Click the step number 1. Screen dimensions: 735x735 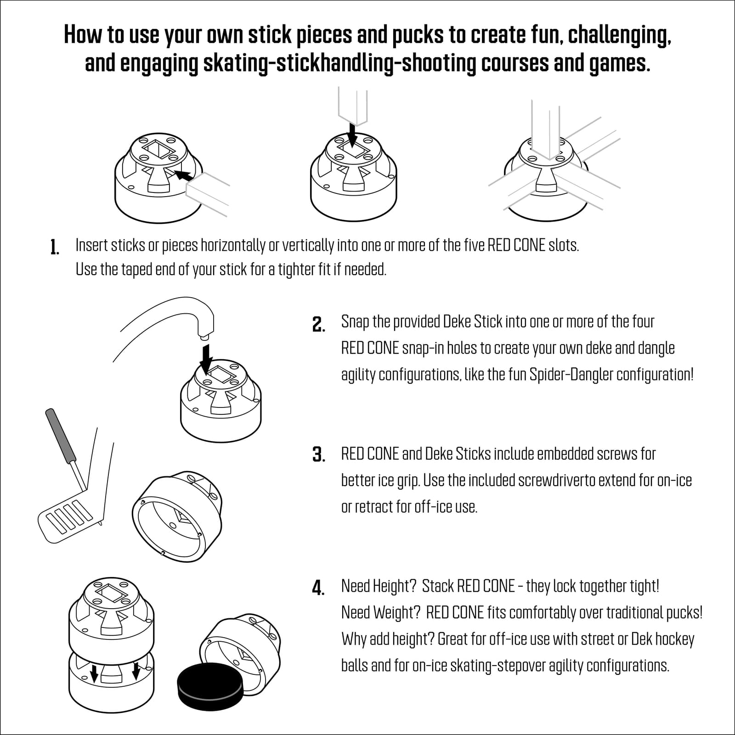click(55, 247)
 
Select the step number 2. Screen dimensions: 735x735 click(318, 324)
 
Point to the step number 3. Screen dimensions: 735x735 click(318, 455)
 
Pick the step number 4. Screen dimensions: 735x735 click(318, 588)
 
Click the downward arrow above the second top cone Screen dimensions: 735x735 click(352, 135)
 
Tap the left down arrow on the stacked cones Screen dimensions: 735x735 click(94, 673)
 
